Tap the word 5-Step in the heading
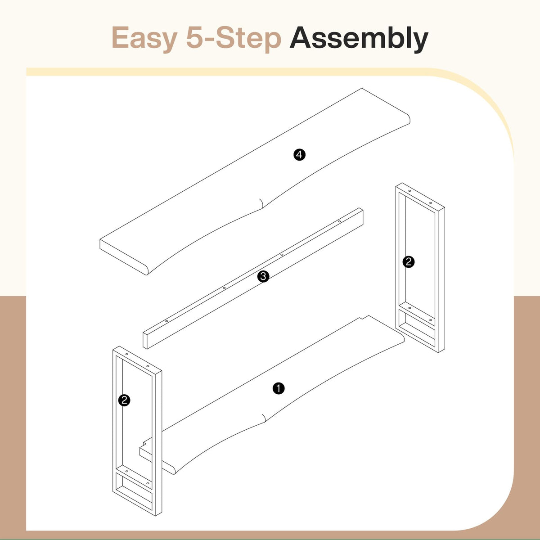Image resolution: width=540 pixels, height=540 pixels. tap(234, 38)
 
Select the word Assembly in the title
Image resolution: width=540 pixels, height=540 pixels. tap(359, 38)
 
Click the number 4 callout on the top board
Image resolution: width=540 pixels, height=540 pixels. tap(299, 155)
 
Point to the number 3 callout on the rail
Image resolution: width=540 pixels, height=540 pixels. tap(263, 277)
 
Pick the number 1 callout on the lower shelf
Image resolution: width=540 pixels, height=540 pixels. tap(279, 388)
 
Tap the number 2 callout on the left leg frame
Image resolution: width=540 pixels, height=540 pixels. tap(124, 400)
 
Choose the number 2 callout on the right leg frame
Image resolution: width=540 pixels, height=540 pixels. tap(408, 262)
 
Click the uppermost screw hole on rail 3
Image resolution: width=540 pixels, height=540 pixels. tap(339, 221)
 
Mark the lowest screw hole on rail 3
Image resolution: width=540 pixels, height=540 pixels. tap(166, 321)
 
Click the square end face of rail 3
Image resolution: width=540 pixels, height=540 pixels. tap(145, 340)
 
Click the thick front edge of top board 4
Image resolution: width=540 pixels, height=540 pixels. tap(123, 257)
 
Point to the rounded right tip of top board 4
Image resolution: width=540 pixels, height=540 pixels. tap(408, 119)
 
